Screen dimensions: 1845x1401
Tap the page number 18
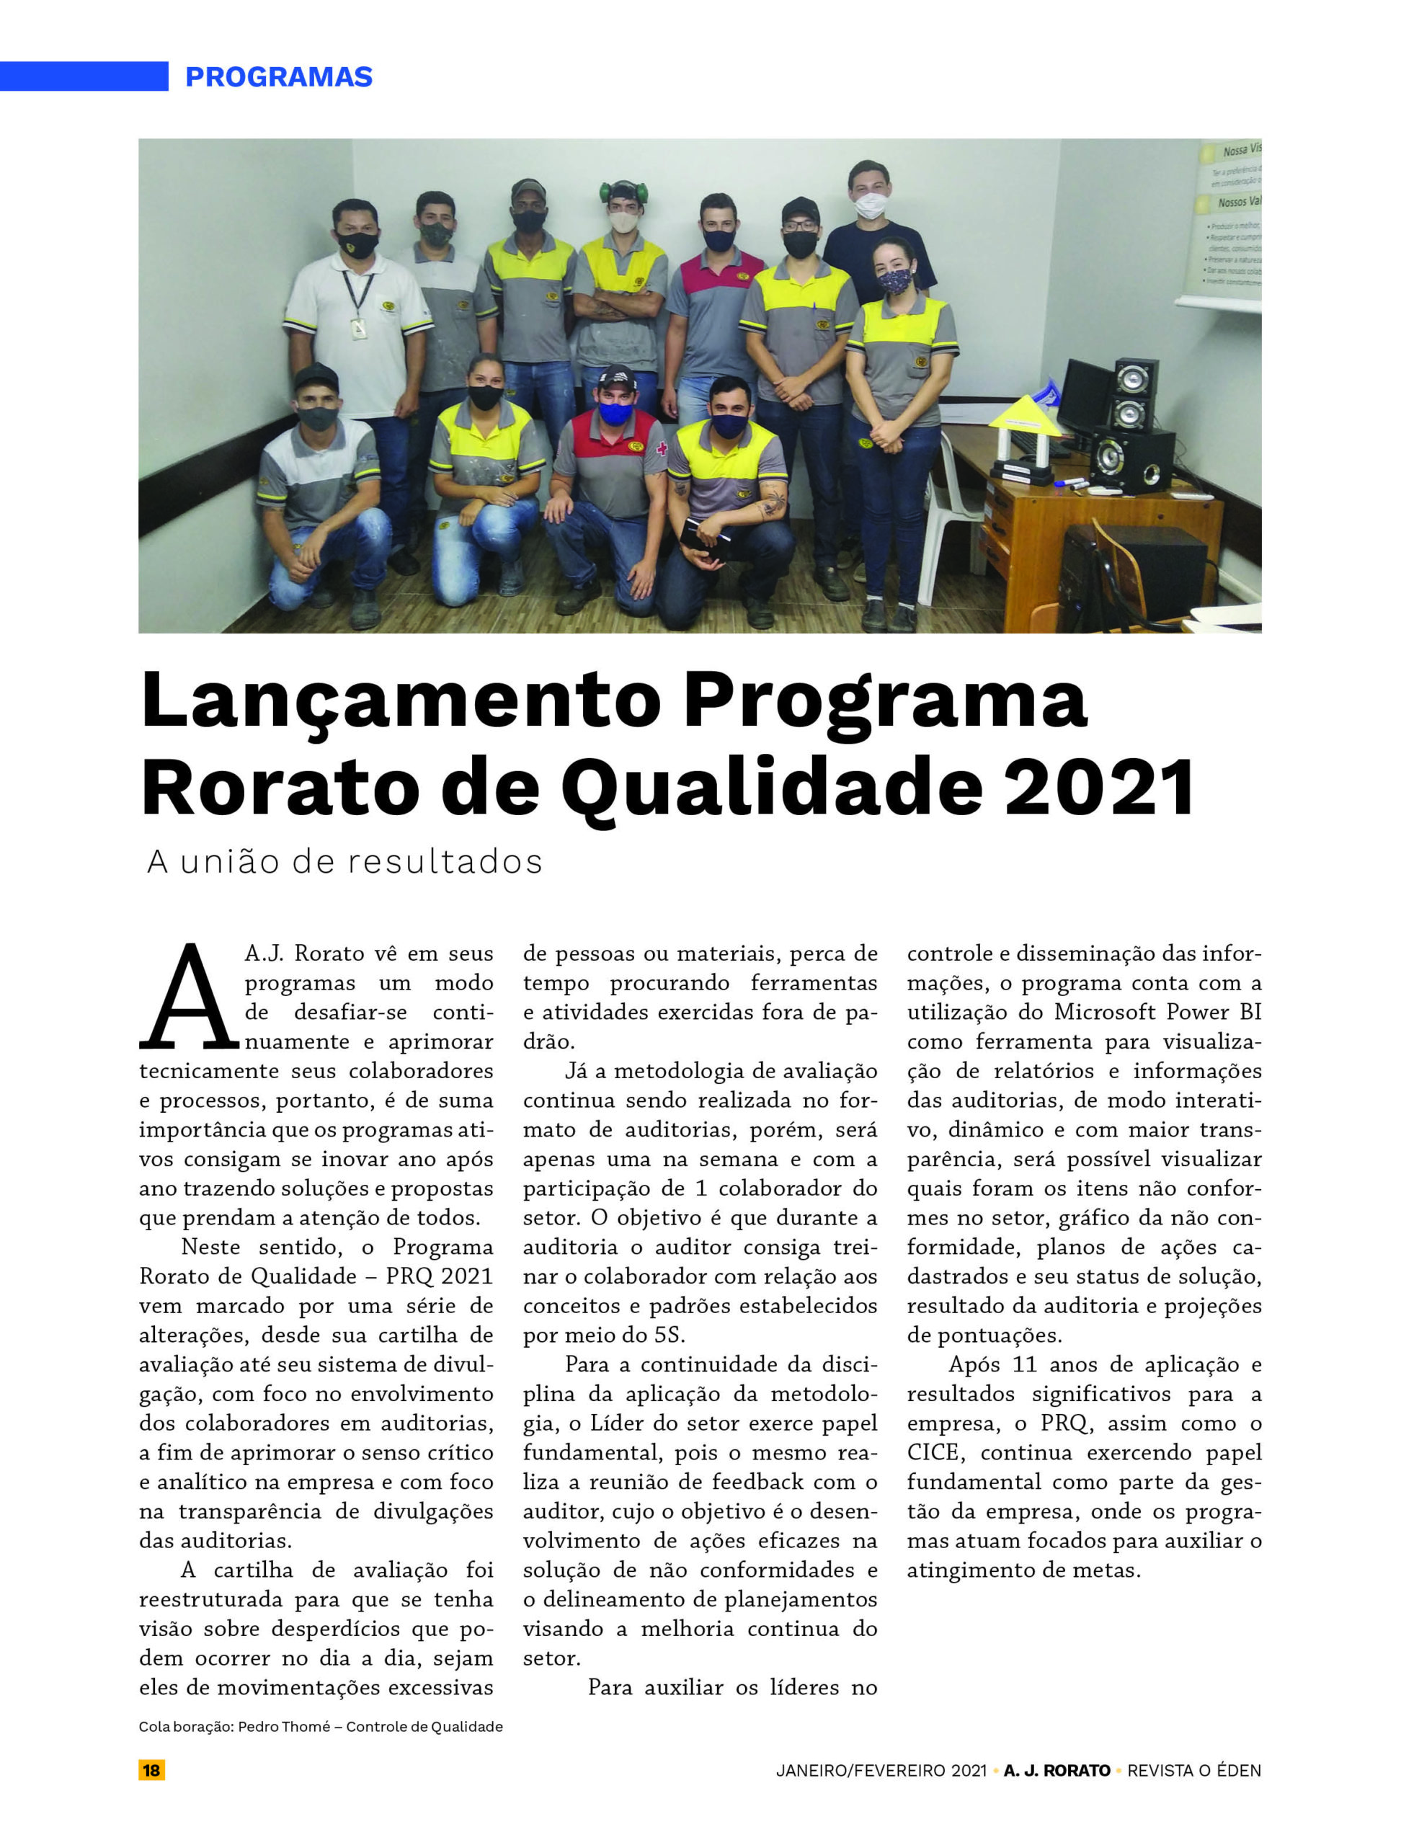point(151,1770)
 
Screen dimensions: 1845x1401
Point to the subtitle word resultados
point(446,862)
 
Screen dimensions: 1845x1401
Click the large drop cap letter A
point(187,996)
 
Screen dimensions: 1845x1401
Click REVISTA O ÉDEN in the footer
point(1193,1770)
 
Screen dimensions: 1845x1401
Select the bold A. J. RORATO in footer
point(1057,1770)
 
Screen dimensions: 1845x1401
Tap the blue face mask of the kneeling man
point(615,414)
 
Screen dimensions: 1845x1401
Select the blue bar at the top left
point(84,76)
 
